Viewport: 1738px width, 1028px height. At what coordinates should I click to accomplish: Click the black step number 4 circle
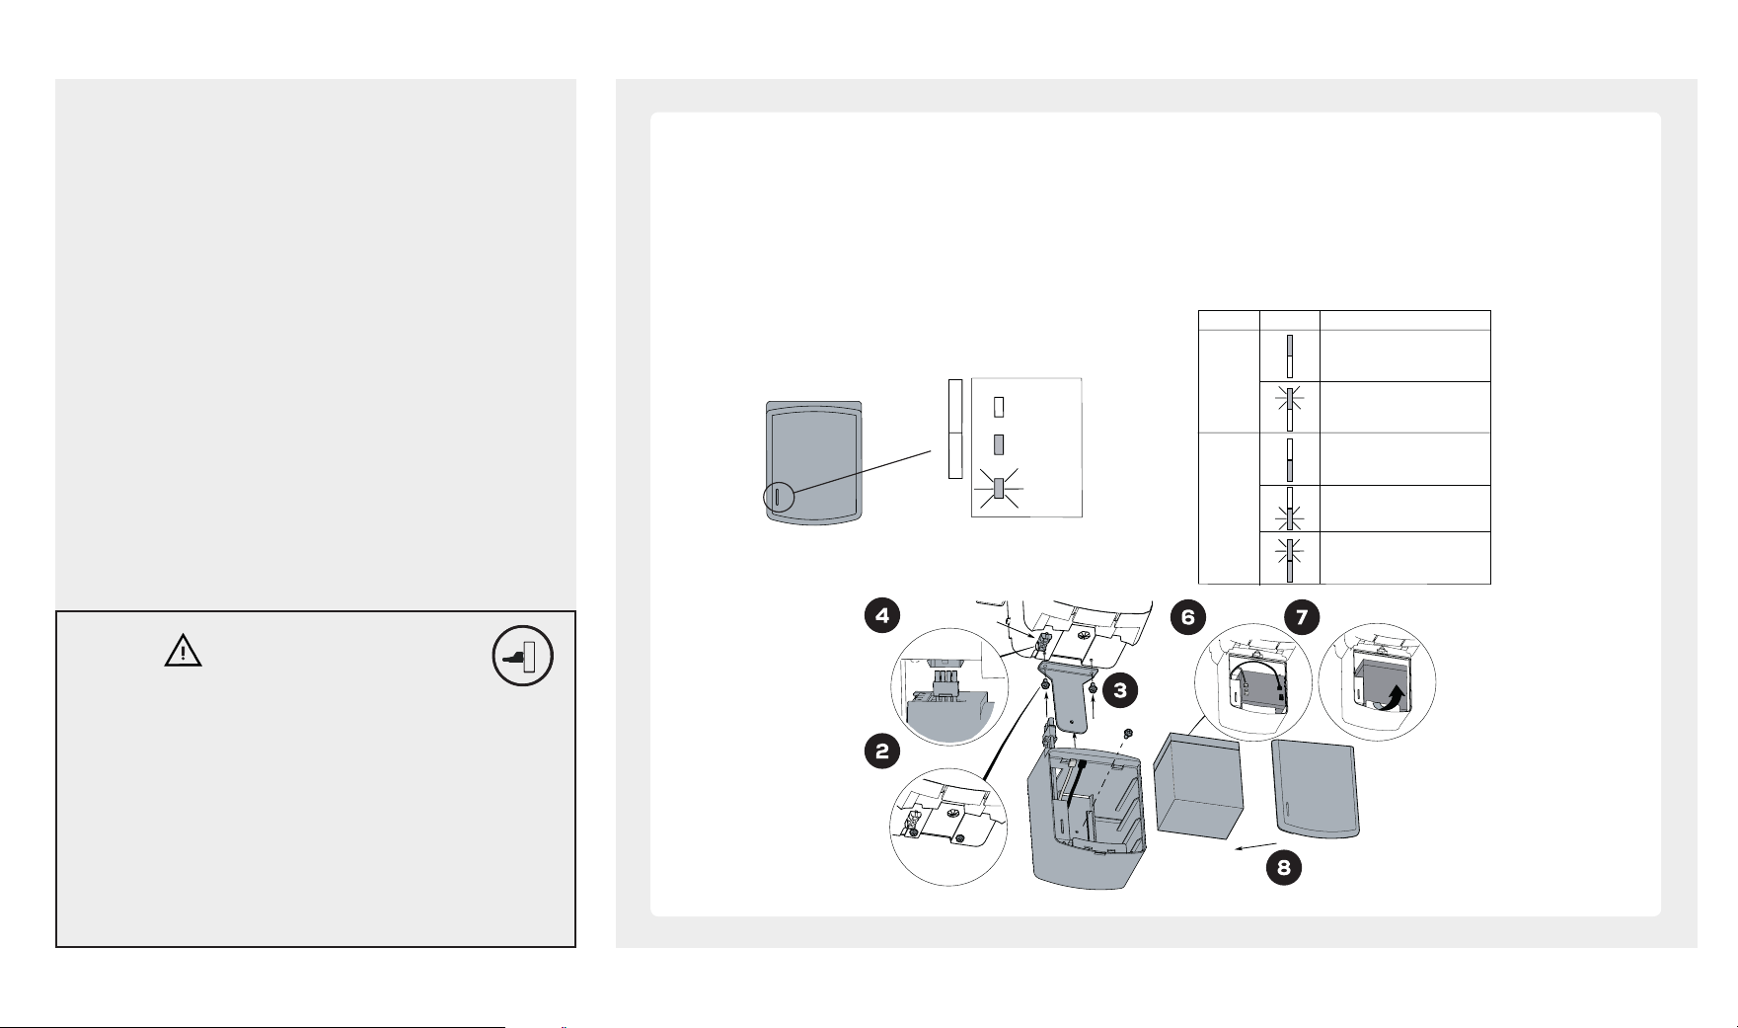pyautogui.click(x=881, y=617)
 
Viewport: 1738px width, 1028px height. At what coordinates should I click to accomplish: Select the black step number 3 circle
pyautogui.click(x=1120, y=691)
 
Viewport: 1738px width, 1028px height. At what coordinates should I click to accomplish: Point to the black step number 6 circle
pyautogui.click(x=1188, y=617)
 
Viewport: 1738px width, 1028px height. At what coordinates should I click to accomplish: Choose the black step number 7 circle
pyautogui.click(x=1302, y=617)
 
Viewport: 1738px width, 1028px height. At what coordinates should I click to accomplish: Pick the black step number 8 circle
pyautogui.click(x=1284, y=869)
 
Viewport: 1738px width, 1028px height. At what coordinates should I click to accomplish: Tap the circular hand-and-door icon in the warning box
pyautogui.click(x=523, y=657)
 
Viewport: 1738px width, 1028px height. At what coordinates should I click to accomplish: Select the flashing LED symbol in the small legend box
pyautogui.click(x=998, y=488)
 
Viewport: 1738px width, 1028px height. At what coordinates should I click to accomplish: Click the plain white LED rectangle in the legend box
pyautogui.click(x=998, y=407)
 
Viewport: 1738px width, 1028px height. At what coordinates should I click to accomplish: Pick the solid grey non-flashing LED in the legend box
pyautogui.click(x=998, y=444)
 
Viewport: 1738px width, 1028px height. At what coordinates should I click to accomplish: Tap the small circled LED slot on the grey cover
pyautogui.click(x=777, y=498)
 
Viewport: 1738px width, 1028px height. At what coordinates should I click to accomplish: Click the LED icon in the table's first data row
pyautogui.click(x=1289, y=356)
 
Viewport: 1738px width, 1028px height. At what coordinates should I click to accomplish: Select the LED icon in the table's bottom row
pyautogui.click(x=1289, y=559)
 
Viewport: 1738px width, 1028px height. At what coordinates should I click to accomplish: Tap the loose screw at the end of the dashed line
pyautogui.click(x=1128, y=733)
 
